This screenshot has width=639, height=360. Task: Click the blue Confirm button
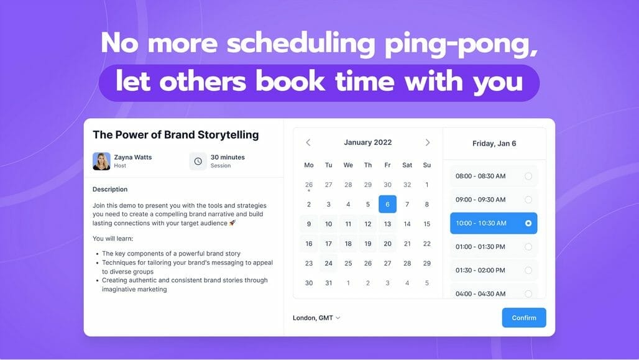(523, 318)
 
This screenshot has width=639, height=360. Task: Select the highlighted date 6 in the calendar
(387, 205)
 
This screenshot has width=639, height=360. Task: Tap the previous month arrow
(308, 142)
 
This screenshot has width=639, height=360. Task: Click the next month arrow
(428, 142)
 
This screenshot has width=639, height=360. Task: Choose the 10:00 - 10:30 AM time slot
(494, 223)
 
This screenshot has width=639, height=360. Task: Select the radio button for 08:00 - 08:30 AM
(528, 176)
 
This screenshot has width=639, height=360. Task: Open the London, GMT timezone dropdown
(316, 318)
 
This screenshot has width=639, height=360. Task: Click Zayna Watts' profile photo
(101, 161)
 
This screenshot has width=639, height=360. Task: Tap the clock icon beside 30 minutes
(198, 161)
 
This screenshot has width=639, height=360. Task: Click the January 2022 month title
(367, 142)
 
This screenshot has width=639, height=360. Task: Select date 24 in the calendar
(328, 264)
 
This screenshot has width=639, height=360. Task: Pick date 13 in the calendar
(387, 224)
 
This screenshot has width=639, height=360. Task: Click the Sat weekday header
(407, 165)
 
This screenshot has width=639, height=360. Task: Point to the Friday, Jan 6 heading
(494, 144)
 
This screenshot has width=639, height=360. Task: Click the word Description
(110, 189)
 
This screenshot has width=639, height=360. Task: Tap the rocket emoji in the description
(232, 223)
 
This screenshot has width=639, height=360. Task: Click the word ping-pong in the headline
(461, 44)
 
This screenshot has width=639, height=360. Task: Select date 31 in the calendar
(328, 283)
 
